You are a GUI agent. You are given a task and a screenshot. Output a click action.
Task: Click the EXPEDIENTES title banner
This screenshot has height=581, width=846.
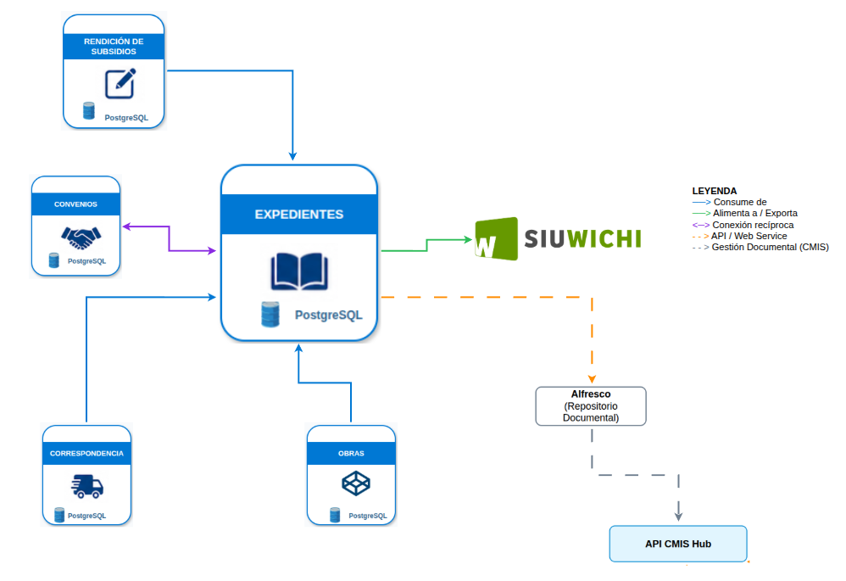click(299, 214)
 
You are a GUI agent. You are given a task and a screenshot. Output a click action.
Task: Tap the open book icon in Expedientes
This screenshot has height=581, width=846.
click(299, 271)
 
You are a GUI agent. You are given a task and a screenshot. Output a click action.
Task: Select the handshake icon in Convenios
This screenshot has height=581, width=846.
click(81, 237)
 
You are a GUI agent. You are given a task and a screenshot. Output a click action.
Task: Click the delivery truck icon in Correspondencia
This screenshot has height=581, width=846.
click(86, 486)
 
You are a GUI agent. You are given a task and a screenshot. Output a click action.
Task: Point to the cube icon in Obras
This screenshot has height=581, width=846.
click(356, 483)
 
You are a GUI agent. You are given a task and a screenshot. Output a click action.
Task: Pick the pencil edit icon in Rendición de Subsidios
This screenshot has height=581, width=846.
click(120, 84)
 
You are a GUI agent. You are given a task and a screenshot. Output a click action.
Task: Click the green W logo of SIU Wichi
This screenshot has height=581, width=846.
click(497, 238)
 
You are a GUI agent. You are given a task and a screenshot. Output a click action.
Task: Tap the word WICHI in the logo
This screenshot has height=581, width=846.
click(604, 238)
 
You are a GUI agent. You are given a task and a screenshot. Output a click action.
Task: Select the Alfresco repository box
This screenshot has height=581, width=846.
click(591, 406)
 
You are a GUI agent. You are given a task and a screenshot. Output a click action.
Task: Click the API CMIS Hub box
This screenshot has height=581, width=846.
click(678, 544)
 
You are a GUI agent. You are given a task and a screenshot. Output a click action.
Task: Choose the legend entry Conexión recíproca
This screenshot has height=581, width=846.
click(743, 225)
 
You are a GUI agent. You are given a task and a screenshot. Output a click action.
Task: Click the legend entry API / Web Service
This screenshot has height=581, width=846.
click(740, 236)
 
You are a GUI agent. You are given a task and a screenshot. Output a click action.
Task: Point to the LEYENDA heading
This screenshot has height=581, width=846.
click(715, 191)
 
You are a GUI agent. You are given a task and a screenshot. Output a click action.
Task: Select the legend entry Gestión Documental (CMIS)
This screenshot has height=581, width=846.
click(760, 248)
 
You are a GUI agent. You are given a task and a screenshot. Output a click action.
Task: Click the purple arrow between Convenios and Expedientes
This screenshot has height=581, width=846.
click(170, 238)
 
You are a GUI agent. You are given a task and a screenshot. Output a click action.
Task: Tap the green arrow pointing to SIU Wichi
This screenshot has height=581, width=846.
click(426, 244)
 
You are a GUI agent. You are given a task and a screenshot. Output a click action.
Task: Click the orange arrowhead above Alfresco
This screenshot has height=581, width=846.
click(592, 379)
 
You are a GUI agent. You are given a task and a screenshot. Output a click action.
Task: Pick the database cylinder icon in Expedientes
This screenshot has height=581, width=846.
click(270, 315)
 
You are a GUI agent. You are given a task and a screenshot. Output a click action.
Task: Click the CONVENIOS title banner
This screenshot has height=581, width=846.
click(75, 204)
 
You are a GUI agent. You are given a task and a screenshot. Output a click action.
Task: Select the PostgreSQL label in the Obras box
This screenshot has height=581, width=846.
click(368, 516)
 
